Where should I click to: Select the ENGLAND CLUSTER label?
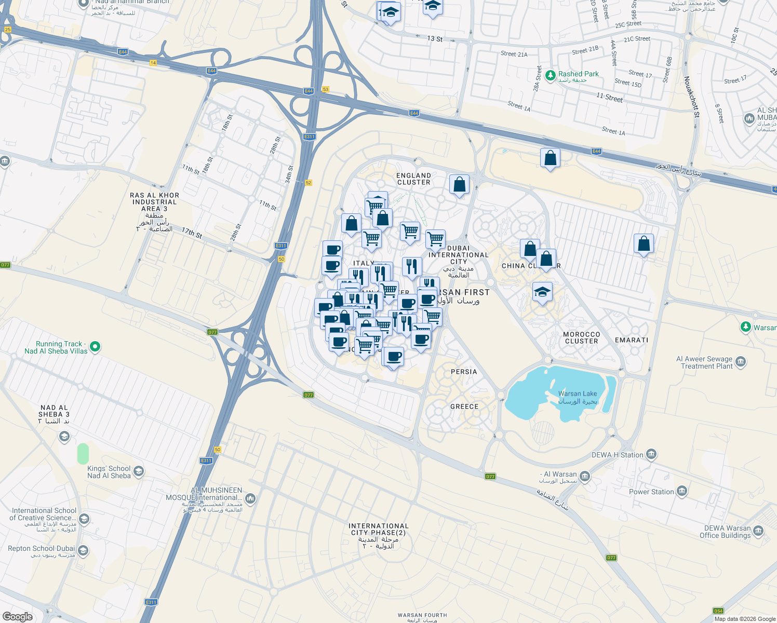413,179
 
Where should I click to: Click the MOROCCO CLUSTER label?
582,337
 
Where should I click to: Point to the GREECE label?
464,407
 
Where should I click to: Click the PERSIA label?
464,372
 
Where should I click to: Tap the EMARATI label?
632,340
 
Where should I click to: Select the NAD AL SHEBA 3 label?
54,414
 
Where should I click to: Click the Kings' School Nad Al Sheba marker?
139,471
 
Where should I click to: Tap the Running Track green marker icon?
95,346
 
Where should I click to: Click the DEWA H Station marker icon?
651,455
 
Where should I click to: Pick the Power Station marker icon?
682,491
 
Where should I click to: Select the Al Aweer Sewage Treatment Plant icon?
741,361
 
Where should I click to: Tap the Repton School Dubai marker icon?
83,550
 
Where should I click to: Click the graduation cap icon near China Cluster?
542,292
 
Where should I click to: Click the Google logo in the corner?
18,616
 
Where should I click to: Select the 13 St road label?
435,39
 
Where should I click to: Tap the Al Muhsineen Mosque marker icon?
250,498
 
